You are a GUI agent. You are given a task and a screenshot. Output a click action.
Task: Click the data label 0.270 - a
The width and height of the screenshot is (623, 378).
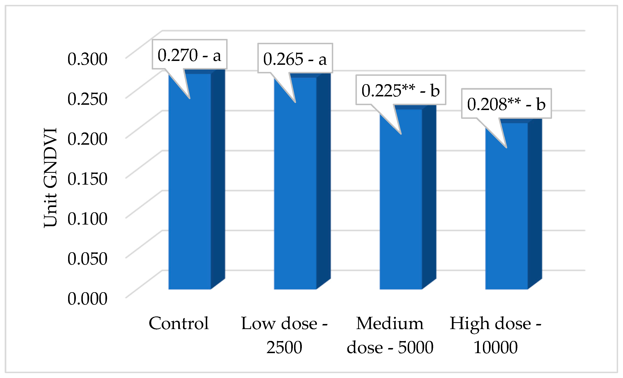[x=189, y=55]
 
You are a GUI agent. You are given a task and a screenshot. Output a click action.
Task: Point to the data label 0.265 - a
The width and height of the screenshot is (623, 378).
[x=295, y=59]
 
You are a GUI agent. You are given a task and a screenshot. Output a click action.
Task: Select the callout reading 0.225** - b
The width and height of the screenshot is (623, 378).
[x=401, y=90]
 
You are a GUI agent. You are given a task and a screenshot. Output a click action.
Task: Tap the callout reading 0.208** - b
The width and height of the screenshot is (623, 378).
[x=506, y=104]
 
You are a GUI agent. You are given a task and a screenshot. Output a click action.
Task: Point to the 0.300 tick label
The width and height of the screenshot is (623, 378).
[x=87, y=59]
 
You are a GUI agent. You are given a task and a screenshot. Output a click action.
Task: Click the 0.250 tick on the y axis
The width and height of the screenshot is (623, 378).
[x=87, y=99]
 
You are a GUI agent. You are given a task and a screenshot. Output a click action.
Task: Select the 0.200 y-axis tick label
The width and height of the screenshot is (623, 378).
[x=87, y=139]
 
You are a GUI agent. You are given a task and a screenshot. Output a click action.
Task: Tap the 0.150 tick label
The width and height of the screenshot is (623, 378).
[x=87, y=179]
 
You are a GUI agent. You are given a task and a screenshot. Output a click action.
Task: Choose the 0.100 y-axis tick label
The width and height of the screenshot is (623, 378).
[x=87, y=219]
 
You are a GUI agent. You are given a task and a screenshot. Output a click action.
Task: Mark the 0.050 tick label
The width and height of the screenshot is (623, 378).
[x=87, y=258]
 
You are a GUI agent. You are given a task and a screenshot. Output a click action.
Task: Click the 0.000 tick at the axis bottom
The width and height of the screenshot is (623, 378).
[x=87, y=298]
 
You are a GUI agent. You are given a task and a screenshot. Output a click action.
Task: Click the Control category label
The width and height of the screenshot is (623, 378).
[x=179, y=323]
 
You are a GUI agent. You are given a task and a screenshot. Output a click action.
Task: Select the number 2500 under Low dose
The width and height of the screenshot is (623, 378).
[x=284, y=347]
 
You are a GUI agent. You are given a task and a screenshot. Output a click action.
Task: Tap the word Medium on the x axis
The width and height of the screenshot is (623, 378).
[x=390, y=323]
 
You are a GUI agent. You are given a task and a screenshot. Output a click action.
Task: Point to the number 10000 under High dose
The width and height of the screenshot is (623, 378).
[x=496, y=347]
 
